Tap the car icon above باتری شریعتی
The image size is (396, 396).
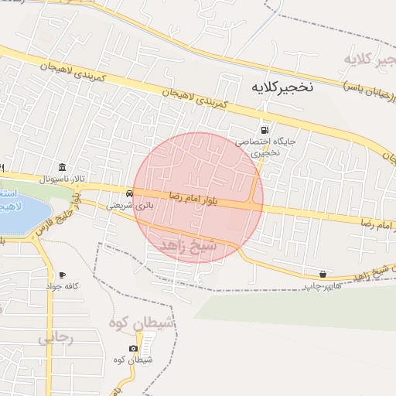[128, 193]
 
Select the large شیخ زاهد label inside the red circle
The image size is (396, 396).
[189, 245]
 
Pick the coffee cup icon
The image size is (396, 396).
[62, 275]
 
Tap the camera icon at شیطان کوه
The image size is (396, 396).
[134, 348]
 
